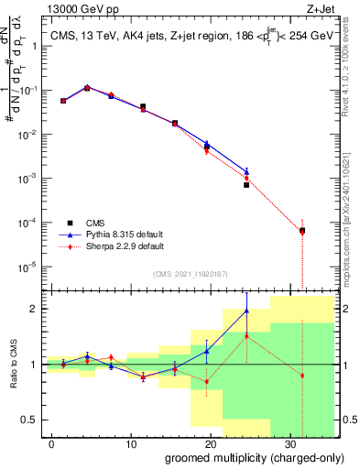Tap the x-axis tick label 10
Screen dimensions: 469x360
(130, 442)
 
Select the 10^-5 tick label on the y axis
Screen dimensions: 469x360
(28, 267)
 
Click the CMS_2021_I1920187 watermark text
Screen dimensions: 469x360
(190, 272)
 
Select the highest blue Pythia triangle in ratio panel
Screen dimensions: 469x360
(246, 311)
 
